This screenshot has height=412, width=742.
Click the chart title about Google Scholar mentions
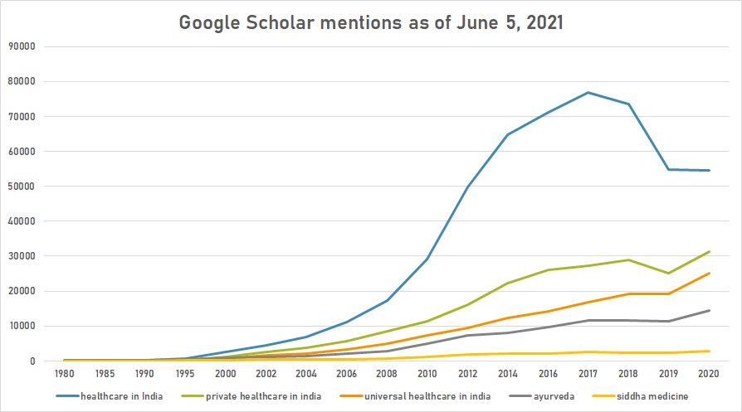point(371,22)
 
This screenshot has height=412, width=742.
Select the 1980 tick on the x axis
point(65,374)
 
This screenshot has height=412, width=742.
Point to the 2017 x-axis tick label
point(588,374)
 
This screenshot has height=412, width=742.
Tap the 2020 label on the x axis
point(709,374)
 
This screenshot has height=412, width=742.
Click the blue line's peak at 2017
point(588,92)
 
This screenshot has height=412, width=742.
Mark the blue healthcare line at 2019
point(669,169)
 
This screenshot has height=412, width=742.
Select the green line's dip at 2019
point(669,273)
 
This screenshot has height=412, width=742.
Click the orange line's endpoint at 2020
point(709,273)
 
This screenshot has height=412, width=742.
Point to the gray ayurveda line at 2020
point(709,310)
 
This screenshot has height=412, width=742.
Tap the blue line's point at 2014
point(508,134)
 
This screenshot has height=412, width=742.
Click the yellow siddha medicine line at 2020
point(709,351)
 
